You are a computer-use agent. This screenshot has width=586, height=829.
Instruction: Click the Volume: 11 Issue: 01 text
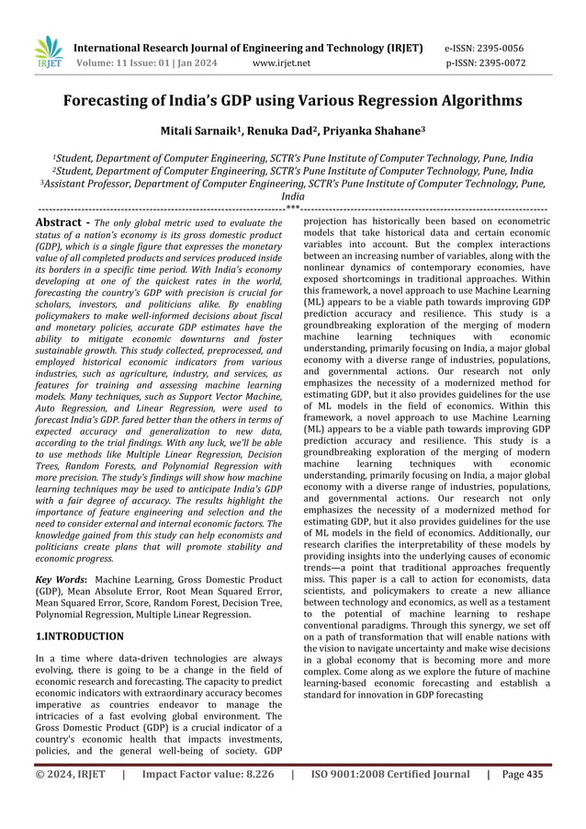pos(129,63)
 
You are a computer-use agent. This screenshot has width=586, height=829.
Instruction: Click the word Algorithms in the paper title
pos(474,101)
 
